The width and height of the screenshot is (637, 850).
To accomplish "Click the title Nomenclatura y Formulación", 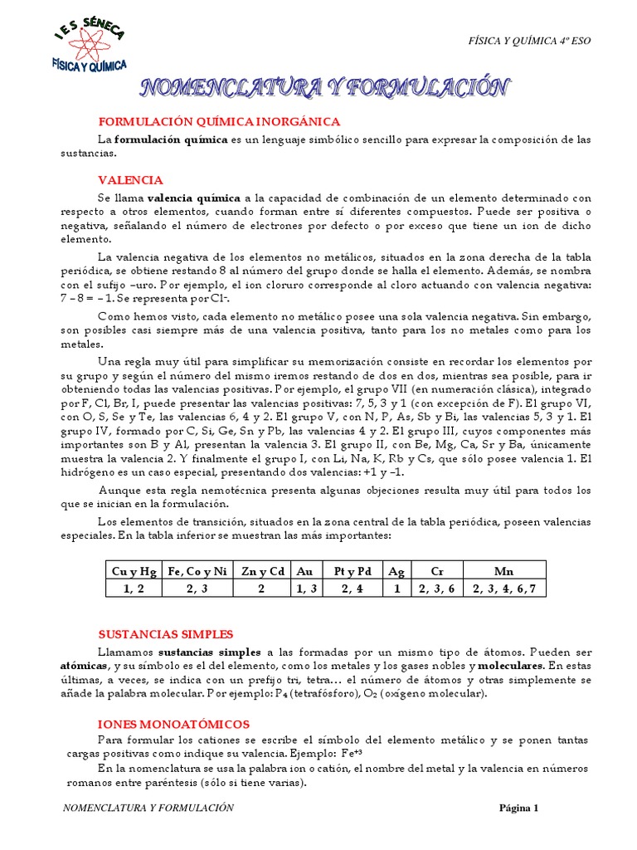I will [x=323, y=87].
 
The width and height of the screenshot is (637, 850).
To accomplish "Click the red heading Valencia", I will [x=130, y=180].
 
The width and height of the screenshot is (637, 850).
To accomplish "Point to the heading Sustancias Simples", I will [x=166, y=633].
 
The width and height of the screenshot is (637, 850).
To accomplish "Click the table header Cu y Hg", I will [x=133, y=571].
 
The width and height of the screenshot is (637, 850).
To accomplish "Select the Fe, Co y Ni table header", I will [x=197, y=571].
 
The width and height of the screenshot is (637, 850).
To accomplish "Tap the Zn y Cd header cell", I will [x=261, y=571].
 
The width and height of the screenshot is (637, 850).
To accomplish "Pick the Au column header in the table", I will [x=305, y=571].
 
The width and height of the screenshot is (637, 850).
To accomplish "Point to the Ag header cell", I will [x=396, y=571].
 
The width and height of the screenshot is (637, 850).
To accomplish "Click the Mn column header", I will [x=505, y=571].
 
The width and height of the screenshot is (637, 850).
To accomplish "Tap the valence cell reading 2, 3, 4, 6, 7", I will [x=505, y=589].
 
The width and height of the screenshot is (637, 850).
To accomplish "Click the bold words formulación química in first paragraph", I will [x=171, y=139].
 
